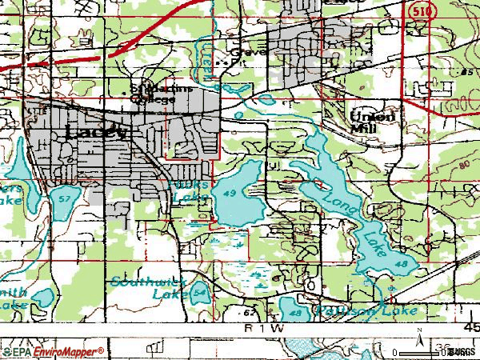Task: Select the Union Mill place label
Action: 373,119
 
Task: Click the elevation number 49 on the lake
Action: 230,194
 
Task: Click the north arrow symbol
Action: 418,342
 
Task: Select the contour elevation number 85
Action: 466,73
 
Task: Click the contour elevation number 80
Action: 464,166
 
